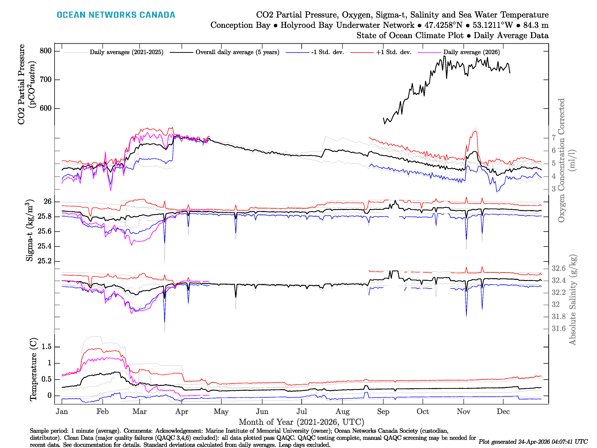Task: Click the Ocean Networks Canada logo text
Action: [116, 15]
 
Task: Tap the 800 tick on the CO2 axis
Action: [46, 51]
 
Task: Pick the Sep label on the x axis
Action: [383, 412]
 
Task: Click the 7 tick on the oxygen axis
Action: [554, 138]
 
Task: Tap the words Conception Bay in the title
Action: [240, 25]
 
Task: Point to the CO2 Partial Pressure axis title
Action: [26, 84]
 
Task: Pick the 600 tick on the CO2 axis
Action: [46, 108]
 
